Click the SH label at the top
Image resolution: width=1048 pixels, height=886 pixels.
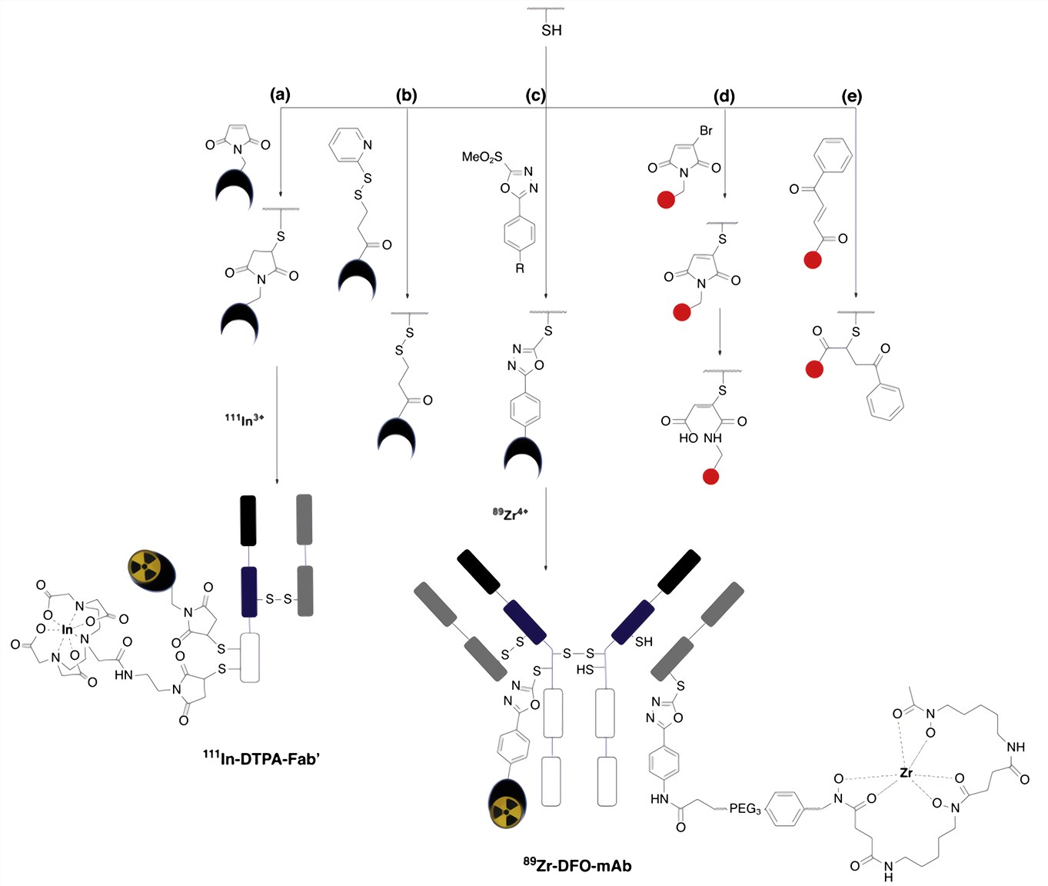[551, 30]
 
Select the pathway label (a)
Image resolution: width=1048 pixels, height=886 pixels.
[280, 95]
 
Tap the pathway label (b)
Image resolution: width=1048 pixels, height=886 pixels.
[406, 96]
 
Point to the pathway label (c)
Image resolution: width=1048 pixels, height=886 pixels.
[535, 96]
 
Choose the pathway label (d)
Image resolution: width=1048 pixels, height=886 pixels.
[724, 97]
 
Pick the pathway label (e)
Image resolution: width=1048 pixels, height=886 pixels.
[852, 97]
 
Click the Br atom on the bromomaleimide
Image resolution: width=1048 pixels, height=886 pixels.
[706, 131]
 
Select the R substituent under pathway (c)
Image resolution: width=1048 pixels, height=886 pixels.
[520, 268]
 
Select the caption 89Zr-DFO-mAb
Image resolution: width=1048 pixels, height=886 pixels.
[577, 865]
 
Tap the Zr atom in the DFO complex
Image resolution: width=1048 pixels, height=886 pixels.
[907, 772]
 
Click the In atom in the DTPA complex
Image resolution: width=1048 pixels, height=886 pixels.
[68, 630]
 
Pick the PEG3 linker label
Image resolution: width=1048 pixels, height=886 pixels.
[745, 808]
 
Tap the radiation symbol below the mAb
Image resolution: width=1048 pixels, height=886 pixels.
[507, 807]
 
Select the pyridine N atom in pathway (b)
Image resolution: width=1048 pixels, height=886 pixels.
[368, 145]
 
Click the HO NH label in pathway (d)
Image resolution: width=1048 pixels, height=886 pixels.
[700, 438]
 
